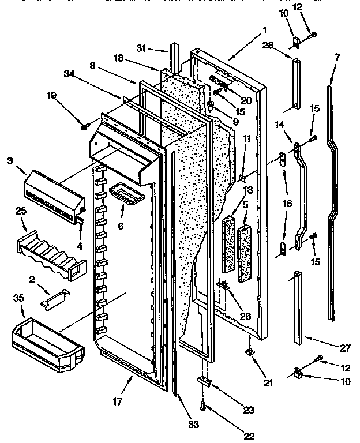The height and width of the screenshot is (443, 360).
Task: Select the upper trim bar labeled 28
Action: click(x=295, y=83)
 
